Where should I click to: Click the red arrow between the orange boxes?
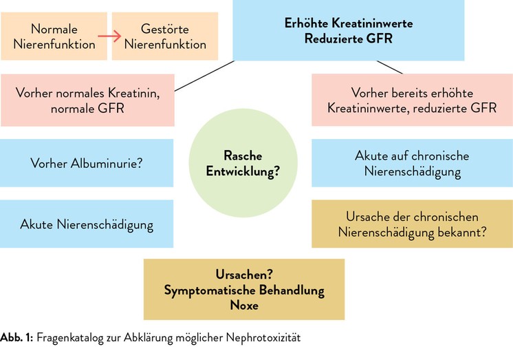[109, 36]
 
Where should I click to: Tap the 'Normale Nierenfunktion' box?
[54, 36]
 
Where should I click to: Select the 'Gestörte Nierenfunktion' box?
[165, 36]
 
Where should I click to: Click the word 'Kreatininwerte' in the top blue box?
[372, 23]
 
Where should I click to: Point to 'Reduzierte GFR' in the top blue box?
[349, 39]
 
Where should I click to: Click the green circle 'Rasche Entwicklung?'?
[243, 163]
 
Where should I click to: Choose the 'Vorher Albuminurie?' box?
[87, 163]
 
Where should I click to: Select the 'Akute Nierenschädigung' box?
[87, 224]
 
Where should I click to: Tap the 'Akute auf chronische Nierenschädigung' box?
[412, 163]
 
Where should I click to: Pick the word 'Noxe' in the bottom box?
[244, 306]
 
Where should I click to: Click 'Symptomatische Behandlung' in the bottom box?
[244, 290]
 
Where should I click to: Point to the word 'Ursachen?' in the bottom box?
[244, 275]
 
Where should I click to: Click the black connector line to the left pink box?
[204, 76]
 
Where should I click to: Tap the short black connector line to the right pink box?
[390, 67]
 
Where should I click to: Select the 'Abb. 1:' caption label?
[17, 337]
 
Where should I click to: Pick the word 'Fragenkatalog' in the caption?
[69, 338]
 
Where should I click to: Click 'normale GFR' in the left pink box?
[87, 109]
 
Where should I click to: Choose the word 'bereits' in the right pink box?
[410, 94]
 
